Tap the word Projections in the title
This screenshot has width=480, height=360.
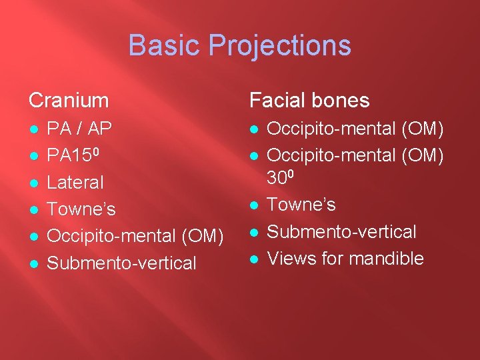tap(279, 46)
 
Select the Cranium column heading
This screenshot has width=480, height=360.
tap(69, 101)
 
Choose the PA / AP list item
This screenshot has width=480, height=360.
tap(80, 127)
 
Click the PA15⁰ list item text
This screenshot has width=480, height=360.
tap(73, 155)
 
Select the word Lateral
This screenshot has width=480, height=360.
tap(75, 182)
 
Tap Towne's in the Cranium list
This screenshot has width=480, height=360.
tap(81, 209)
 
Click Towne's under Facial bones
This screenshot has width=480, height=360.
tap(301, 204)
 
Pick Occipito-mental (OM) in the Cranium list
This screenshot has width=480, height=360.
tap(135, 236)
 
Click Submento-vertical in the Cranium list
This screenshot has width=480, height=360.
tap(122, 263)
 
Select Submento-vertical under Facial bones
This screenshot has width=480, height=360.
tap(341, 231)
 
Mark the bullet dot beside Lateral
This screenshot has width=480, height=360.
tap(33, 183)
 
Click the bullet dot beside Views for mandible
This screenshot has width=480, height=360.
tap(253, 259)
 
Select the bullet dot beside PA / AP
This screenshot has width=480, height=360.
tap(33, 128)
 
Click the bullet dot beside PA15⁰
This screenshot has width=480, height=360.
tap(33, 155)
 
